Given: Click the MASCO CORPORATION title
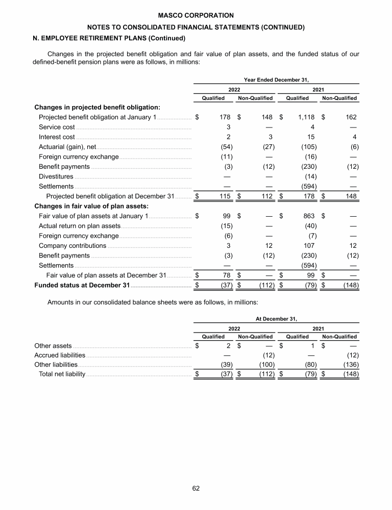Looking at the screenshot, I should (195, 16).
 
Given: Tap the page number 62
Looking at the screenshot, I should (196, 488).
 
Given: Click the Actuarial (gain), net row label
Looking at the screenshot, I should (67, 147).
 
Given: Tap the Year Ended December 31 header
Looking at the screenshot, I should (277, 79).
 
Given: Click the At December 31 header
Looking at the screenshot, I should (277, 319).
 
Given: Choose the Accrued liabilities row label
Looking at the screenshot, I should (60, 355).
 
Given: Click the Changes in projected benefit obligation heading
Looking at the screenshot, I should (97, 107).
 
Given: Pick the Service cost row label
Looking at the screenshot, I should (57, 127).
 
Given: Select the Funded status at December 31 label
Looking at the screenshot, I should (82, 285).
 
